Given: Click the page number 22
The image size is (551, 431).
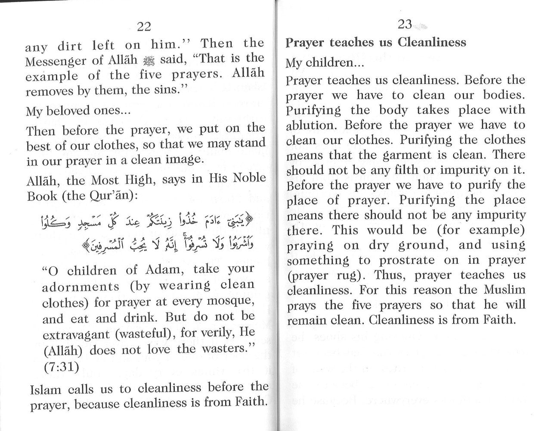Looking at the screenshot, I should click(144, 27).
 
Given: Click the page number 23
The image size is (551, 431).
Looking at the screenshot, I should click(405, 24).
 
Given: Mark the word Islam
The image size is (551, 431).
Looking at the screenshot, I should click(46, 390).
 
